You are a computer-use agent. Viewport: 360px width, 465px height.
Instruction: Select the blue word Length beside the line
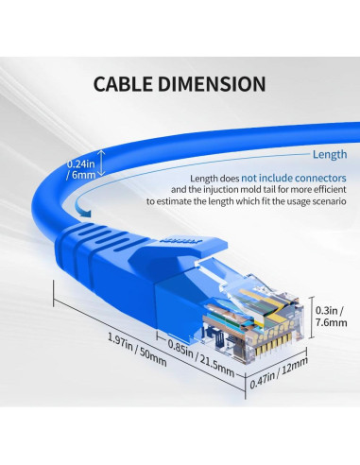pos(329,155)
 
